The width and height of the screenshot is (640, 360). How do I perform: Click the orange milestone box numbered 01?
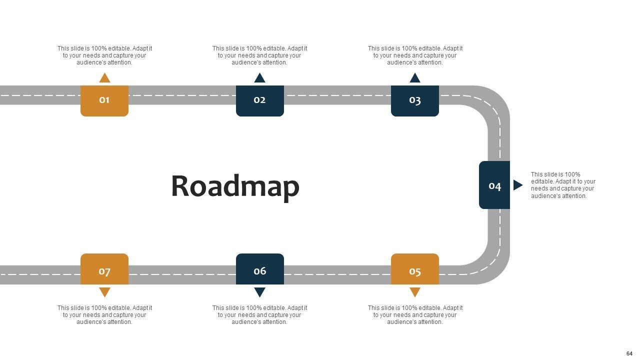click(x=104, y=100)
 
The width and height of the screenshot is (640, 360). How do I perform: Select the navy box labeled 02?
click(x=259, y=100)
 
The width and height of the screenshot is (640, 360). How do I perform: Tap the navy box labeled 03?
click(x=414, y=100)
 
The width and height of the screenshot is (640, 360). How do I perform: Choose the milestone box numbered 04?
click(x=494, y=185)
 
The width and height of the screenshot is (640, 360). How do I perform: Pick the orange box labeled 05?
click(x=414, y=269)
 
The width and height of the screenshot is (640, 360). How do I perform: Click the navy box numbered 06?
click(x=259, y=269)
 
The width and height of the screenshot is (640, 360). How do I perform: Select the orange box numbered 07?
click(x=104, y=269)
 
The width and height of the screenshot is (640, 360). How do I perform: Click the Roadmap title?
click(x=235, y=186)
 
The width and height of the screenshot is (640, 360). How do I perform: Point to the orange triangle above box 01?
click(x=104, y=78)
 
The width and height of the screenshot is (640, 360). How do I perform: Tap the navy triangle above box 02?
click(x=259, y=78)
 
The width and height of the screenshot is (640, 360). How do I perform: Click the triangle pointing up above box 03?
click(x=414, y=78)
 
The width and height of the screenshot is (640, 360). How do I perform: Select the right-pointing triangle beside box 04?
click(x=517, y=185)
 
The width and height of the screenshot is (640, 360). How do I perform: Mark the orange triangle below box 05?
click(x=414, y=292)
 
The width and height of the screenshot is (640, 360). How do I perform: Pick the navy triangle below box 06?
click(x=259, y=292)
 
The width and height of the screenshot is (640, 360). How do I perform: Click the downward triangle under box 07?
click(x=104, y=292)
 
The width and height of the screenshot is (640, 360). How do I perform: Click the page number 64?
click(x=629, y=353)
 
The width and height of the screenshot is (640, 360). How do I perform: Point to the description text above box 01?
click(x=104, y=55)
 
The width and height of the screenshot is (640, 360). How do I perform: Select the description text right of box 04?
click(x=563, y=185)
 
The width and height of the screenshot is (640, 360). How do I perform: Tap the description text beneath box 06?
click(x=259, y=315)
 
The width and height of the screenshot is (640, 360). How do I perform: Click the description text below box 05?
click(x=415, y=315)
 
